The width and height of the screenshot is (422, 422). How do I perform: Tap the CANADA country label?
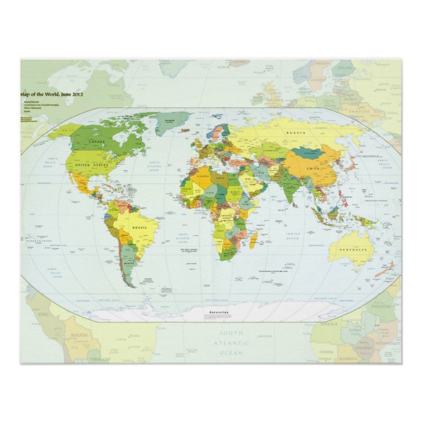[x=97, y=142]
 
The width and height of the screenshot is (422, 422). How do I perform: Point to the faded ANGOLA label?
[x=328, y=323]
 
